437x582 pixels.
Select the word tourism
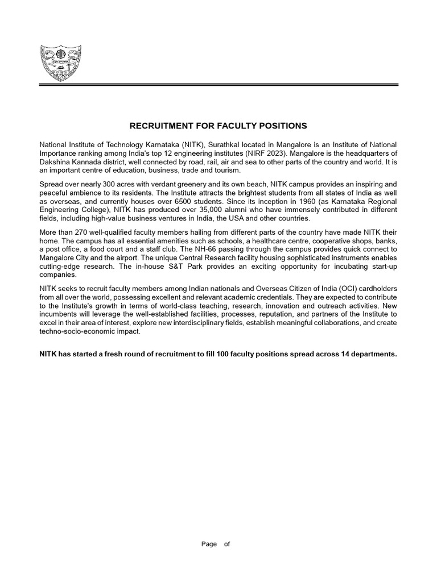228,171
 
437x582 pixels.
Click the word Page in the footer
209,544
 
